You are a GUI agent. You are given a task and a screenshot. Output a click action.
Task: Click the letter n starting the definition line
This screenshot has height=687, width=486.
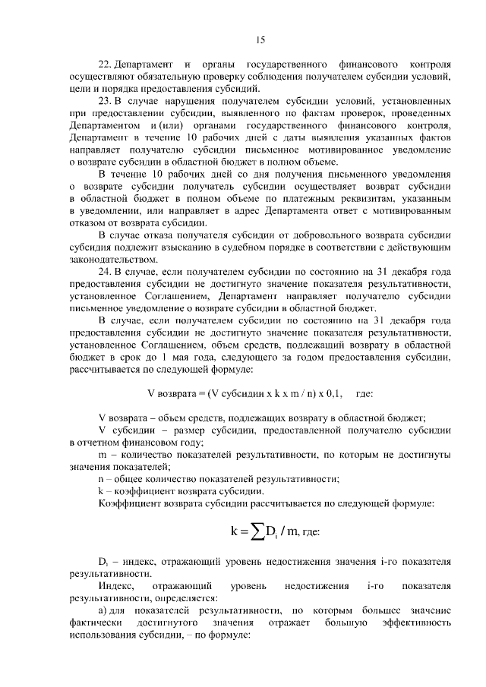tap(101, 478)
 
